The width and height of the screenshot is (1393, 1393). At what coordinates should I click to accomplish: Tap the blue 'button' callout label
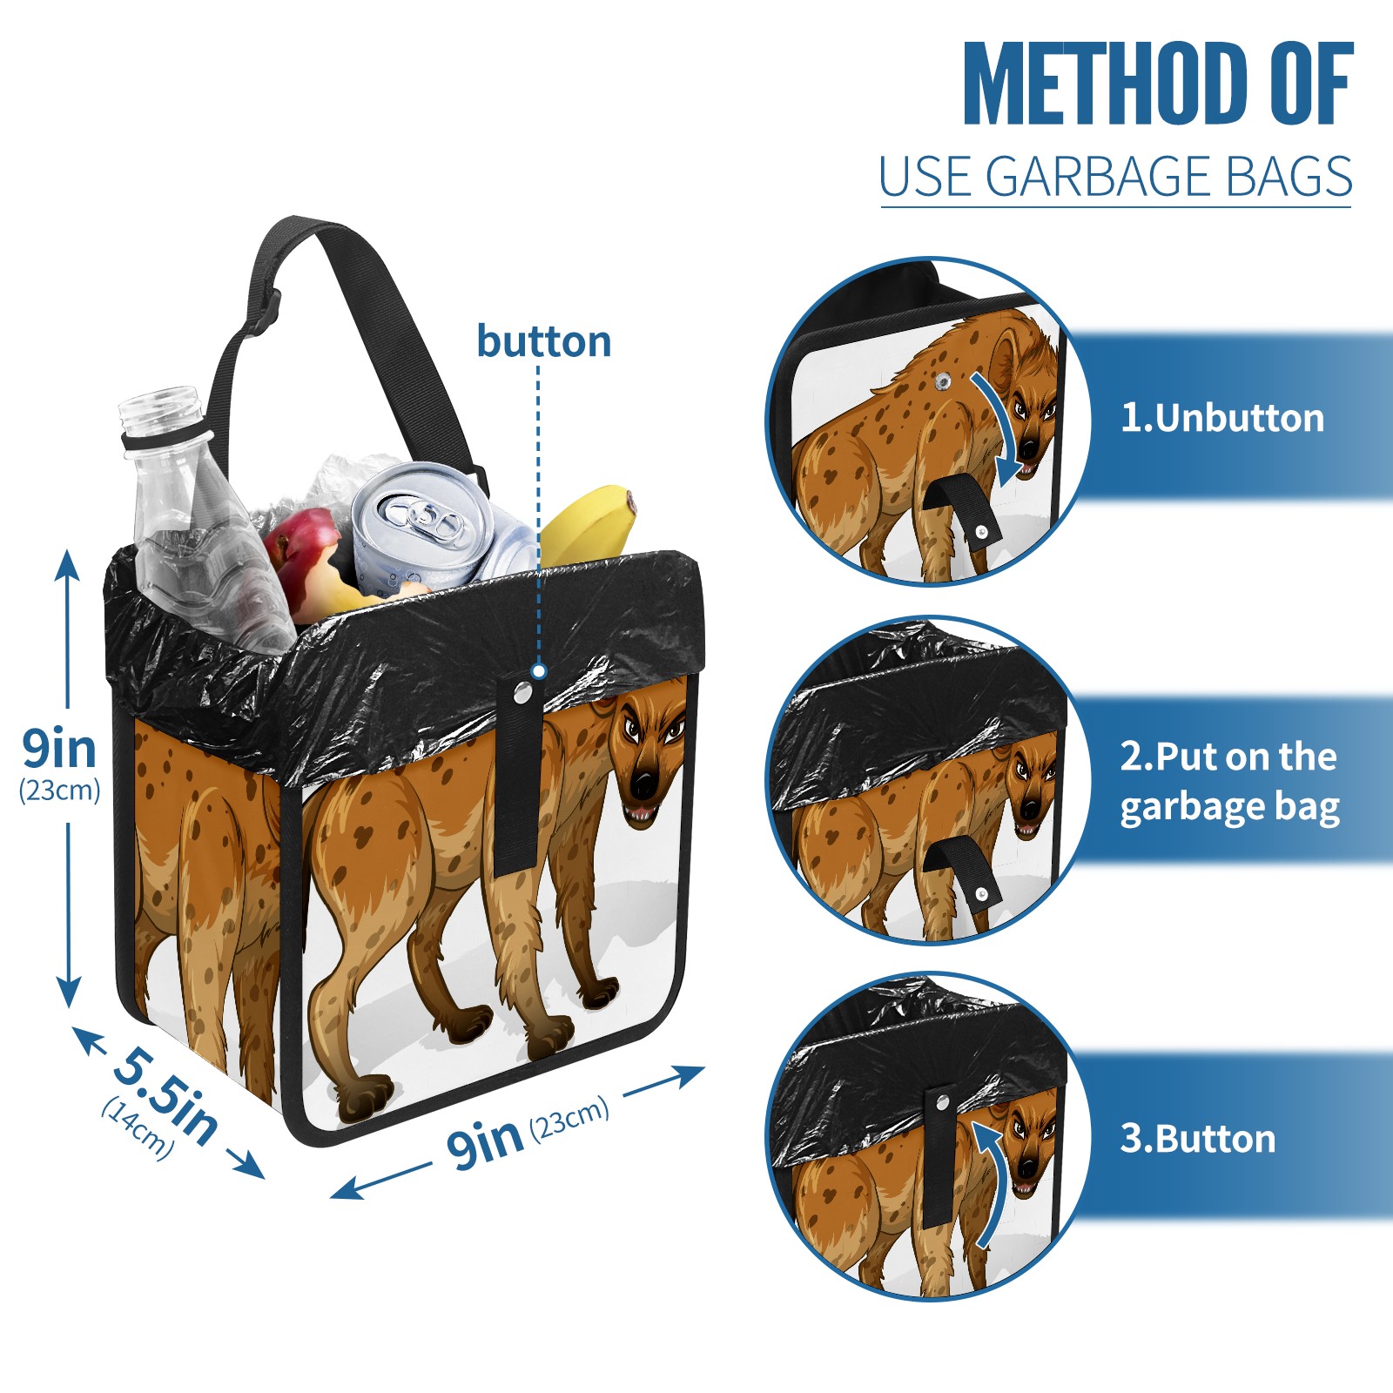click(x=544, y=341)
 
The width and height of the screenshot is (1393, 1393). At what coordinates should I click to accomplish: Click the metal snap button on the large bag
click(x=522, y=692)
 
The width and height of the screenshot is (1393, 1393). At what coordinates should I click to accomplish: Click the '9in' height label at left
click(x=59, y=749)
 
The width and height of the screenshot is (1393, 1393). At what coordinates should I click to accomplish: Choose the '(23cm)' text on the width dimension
click(x=569, y=1118)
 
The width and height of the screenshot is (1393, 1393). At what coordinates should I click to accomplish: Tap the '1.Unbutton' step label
click(x=1221, y=418)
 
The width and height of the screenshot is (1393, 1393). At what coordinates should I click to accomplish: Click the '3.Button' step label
click(x=1197, y=1139)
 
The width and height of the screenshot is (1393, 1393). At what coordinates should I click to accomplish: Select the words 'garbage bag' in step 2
click(x=1229, y=807)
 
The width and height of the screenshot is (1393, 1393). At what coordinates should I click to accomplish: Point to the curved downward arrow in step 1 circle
click(x=1002, y=427)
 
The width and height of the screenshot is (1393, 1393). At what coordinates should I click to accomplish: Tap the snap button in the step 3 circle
click(x=942, y=1103)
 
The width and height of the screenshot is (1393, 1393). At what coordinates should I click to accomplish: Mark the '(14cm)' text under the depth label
click(x=138, y=1128)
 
